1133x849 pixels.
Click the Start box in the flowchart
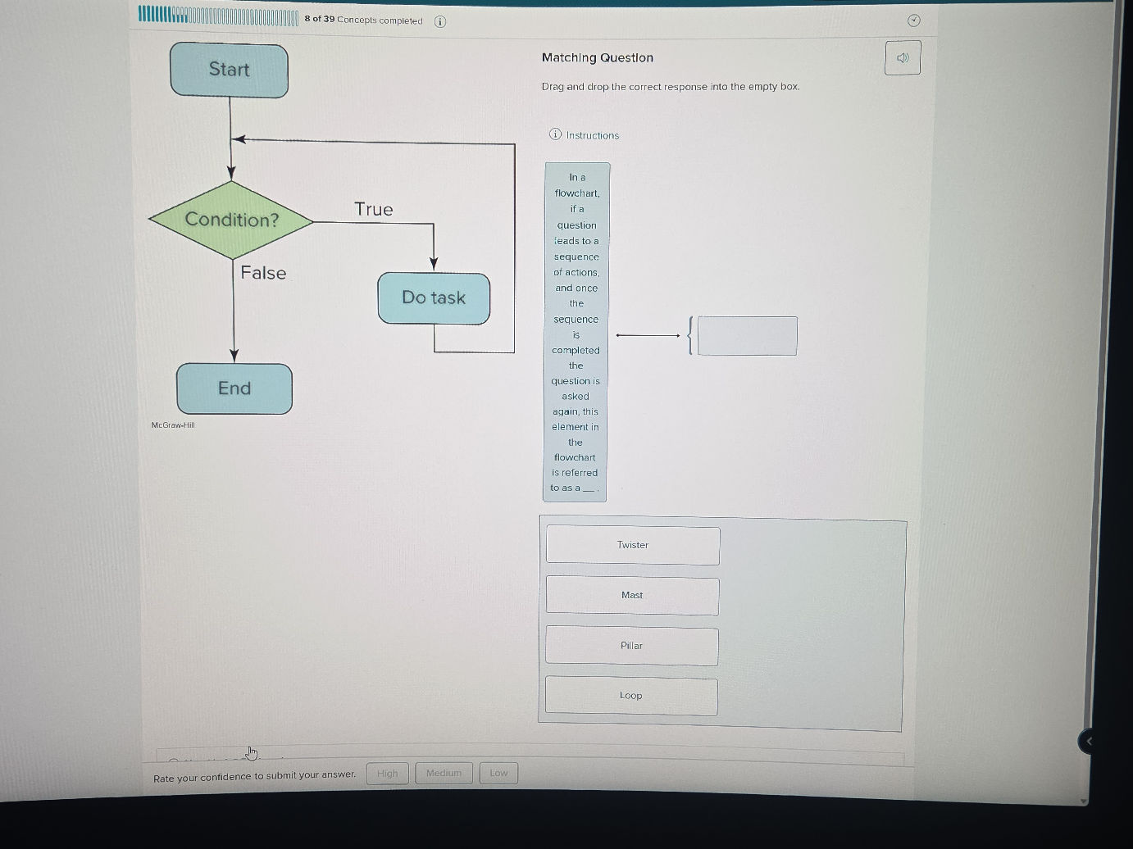pyautogui.click(x=229, y=70)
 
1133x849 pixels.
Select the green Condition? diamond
pyautogui.click(x=231, y=220)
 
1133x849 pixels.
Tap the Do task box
pyautogui.click(x=434, y=298)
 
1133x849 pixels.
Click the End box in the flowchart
pyautogui.click(x=234, y=388)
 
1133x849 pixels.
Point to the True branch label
pyautogui.click(x=373, y=210)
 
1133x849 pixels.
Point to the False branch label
pyautogui.click(x=263, y=273)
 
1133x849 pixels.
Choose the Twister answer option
pyautogui.click(x=633, y=545)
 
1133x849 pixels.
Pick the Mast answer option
pyautogui.click(x=632, y=596)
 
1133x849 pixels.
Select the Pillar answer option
pyautogui.click(x=631, y=646)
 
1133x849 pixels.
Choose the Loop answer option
pyautogui.click(x=630, y=696)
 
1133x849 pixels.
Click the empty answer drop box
pyautogui.click(x=747, y=336)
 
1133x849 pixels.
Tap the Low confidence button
pyautogui.click(x=498, y=773)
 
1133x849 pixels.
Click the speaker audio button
pyautogui.click(x=903, y=58)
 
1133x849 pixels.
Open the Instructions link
pyautogui.click(x=592, y=135)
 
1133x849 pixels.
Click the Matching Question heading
pyautogui.click(x=598, y=57)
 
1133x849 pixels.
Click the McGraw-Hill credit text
pyautogui.click(x=173, y=424)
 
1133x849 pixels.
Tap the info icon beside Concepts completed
pyautogui.click(x=440, y=21)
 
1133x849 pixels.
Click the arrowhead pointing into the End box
pyautogui.click(x=234, y=356)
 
